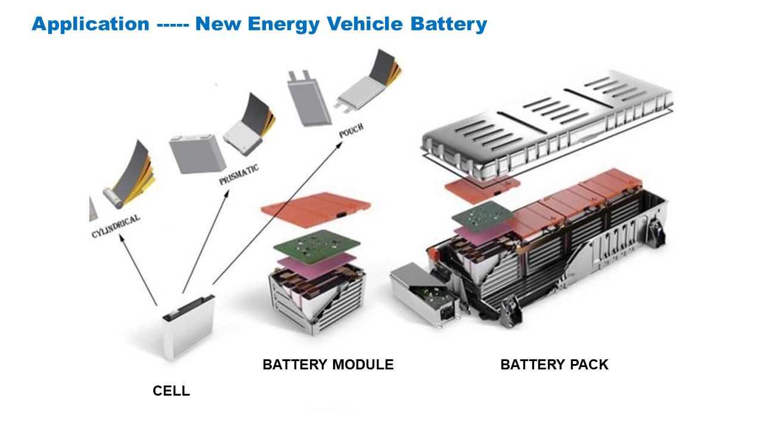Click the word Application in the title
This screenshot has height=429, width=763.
(x=91, y=24)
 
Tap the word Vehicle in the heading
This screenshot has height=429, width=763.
(x=365, y=24)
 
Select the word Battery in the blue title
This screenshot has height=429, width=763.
(x=449, y=24)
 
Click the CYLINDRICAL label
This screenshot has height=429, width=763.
(x=116, y=226)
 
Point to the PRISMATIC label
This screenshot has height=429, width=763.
(x=238, y=175)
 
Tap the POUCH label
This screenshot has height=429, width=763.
(x=351, y=130)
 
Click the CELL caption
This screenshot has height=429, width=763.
(x=171, y=391)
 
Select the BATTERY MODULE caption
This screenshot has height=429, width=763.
(x=328, y=365)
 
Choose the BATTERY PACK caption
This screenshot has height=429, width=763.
(x=554, y=365)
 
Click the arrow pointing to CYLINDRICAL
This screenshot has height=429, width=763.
(x=138, y=270)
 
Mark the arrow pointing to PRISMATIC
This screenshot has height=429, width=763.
(x=206, y=241)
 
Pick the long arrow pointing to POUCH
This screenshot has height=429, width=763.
(x=278, y=213)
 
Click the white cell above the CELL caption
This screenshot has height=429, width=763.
(x=188, y=328)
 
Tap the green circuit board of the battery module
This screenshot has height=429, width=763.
(x=317, y=247)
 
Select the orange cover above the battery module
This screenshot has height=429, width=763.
(x=316, y=209)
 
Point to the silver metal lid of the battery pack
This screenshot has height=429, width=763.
(x=547, y=125)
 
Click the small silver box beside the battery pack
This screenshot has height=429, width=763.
(x=424, y=294)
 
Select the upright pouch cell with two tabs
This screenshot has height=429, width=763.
(x=309, y=99)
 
